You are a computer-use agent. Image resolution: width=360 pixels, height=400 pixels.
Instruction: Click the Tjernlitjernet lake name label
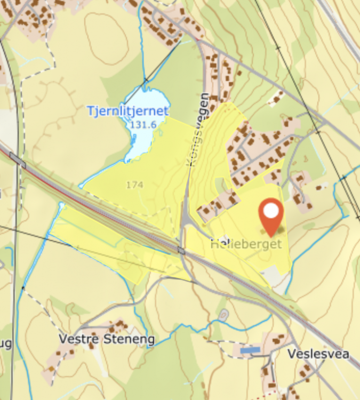click(128, 111)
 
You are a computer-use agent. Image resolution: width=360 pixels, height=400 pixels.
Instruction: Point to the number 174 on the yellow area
click(135, 185)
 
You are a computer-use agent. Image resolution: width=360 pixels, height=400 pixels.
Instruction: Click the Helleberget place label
click(246, 244)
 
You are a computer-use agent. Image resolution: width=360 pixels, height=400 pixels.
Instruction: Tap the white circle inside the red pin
click(271, 211)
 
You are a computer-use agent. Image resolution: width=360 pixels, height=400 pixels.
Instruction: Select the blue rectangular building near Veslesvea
click(250, 350)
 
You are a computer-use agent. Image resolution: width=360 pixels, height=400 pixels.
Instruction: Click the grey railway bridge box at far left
click(17, 159)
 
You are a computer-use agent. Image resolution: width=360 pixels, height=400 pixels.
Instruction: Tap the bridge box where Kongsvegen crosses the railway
click(181, 250)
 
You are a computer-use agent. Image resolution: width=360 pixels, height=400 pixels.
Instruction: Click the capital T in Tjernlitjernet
click(90, 111)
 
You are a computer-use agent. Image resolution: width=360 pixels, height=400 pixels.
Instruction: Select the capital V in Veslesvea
click(291, 354)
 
